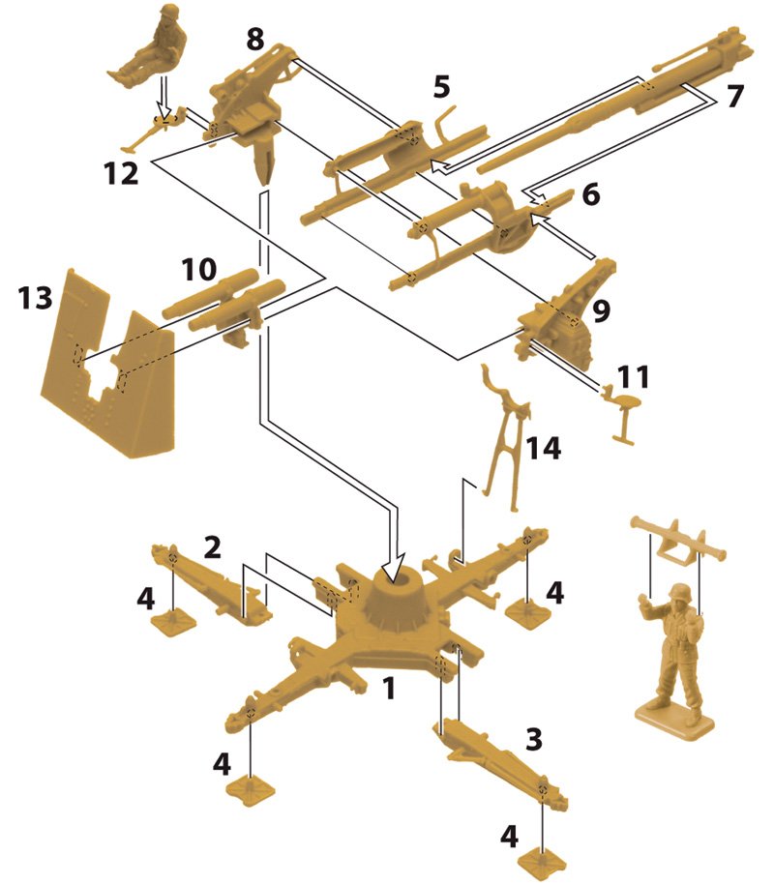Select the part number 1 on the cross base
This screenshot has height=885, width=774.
(388, 689)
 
